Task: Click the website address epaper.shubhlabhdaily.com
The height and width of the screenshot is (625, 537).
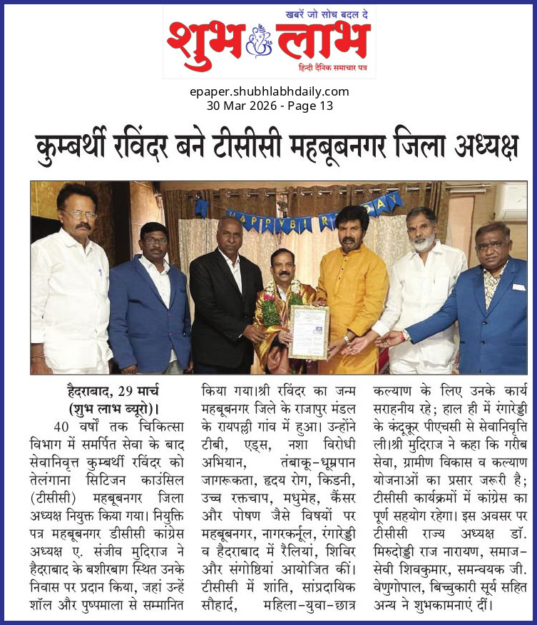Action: coord(269,91)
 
